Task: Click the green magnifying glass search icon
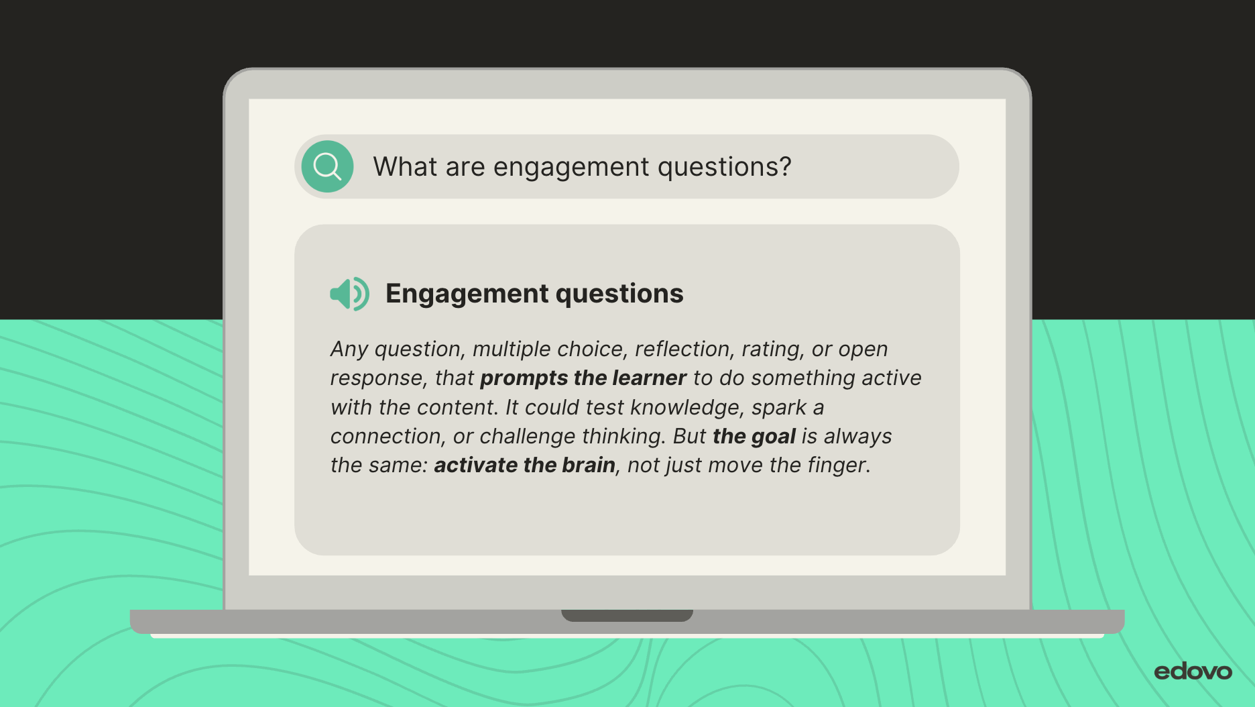click(x=327, y=166)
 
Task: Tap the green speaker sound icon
click(x=349, y=294)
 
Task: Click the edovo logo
click(x=1193, y=671)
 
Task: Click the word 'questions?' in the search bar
click(x=724, y=168)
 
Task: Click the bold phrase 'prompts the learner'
click(x=583, y=378)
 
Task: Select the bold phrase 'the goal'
click(x=754, y=437)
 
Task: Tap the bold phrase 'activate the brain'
click(x=524, y=465)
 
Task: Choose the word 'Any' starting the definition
click(x=349, y=349)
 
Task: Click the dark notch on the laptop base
click(x=627, y=615)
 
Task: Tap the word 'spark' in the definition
click(x=779, y=408)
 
